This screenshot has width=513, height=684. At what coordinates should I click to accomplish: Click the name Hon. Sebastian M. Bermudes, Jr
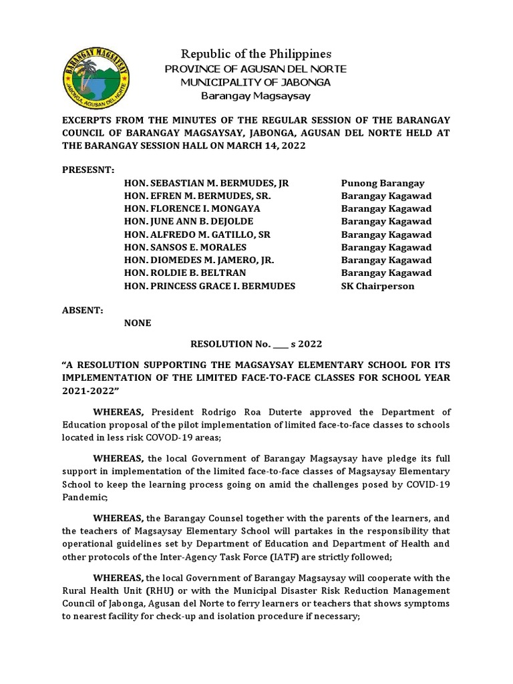(206, 183)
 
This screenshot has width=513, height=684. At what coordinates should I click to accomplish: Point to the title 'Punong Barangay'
(383, 183)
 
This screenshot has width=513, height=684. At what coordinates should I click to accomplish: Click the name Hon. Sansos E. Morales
(185, 247)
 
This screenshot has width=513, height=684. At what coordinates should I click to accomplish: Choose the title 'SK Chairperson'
(377, 286)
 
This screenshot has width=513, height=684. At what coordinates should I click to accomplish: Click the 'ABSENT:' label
(79, 311)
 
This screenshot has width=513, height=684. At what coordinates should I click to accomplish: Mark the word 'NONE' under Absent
(138, 323)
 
